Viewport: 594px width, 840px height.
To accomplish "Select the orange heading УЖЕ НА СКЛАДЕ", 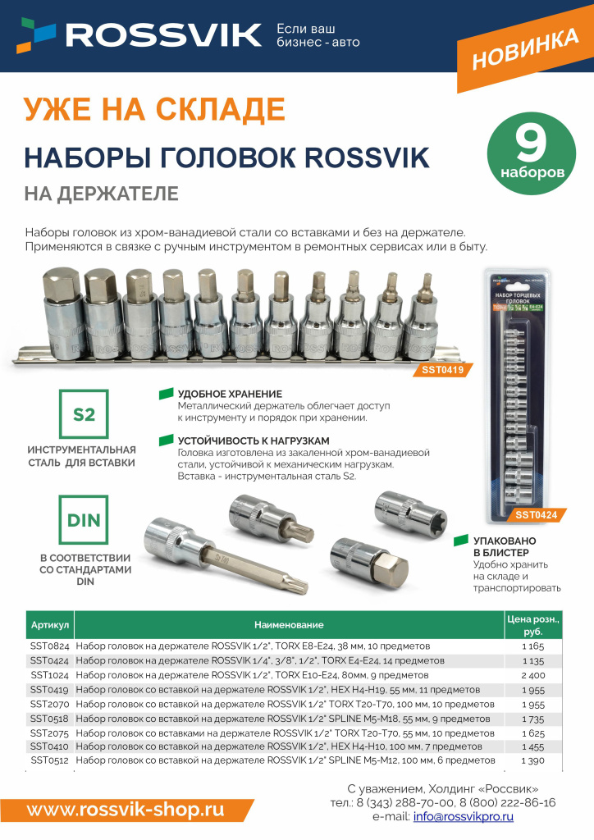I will tap(154, 107).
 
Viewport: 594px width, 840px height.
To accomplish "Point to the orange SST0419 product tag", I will tap(442, 370).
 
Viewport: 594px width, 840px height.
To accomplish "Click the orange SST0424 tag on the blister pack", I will tap(536, 515).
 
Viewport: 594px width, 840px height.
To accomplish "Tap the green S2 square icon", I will tap(85, 415).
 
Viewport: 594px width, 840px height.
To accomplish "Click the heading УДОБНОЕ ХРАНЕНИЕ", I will tap(230, 394).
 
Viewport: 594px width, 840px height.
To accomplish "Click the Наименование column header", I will tap(288, 625).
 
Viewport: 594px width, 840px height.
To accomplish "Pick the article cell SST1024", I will tap(50, 674).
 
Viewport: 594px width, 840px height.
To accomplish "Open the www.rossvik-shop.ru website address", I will tap(125, 810).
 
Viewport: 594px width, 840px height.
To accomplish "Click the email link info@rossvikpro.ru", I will tap(464, 817).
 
